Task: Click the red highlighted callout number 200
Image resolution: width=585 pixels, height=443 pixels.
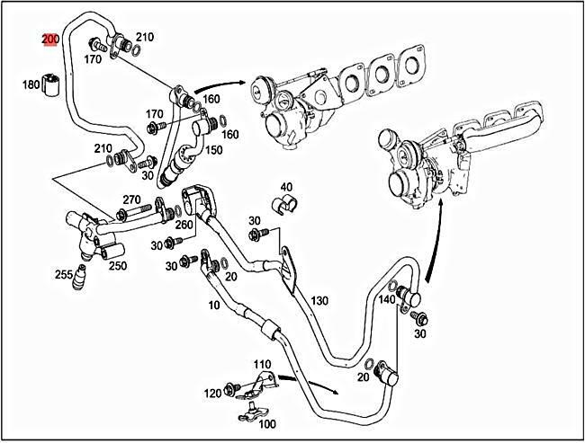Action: click(50, 40)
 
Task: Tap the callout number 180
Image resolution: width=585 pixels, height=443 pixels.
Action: click(31, 84)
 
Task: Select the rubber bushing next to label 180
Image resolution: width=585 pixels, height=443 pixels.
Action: click(54, 85)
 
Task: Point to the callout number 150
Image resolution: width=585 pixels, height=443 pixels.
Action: click(214, 150)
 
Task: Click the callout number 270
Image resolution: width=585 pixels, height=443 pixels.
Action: click(132, 199)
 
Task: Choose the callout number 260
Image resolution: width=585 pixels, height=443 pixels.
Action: click(184, 225)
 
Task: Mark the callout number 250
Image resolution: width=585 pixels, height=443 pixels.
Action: click(117, 266)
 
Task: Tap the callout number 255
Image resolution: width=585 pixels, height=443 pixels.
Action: click(64, 274)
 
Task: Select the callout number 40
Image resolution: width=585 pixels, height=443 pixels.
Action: click(286, 188)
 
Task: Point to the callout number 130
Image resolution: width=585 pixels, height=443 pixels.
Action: click(319, 300)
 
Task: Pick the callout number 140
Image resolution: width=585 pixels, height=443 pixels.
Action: click(386, 299)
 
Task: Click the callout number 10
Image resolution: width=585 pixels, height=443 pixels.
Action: click(213, 306)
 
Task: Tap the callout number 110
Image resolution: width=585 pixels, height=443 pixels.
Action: click(262, 364)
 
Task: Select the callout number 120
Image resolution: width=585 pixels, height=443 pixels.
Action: click(212, 394)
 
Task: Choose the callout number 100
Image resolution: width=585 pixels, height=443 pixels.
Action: click(266, 423)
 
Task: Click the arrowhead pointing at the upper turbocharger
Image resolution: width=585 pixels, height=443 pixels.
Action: click(244, 80)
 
